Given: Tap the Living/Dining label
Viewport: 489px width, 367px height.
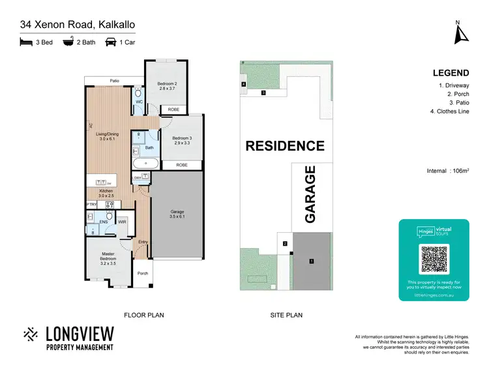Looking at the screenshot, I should coord(106,137).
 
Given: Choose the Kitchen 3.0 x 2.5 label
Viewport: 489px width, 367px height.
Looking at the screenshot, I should coord(106,193).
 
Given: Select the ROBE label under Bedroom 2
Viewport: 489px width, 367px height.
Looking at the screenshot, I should coord(173,110).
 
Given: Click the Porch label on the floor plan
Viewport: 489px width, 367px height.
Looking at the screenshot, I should coord(143,273).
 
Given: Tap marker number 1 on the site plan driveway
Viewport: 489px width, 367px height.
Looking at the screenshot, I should coord(312,261).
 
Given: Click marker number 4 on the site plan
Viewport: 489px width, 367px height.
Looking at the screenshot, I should coord(243,85).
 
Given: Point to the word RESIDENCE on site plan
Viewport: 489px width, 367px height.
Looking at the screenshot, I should coord(284,146).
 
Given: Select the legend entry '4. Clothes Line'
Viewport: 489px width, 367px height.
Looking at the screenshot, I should coord(450,111).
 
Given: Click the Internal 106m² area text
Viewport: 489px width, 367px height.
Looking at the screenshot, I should coord(447,171).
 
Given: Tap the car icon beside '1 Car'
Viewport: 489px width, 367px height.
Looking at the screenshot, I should coord(110,42).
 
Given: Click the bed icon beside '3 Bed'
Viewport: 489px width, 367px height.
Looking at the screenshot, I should coord(26,42).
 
